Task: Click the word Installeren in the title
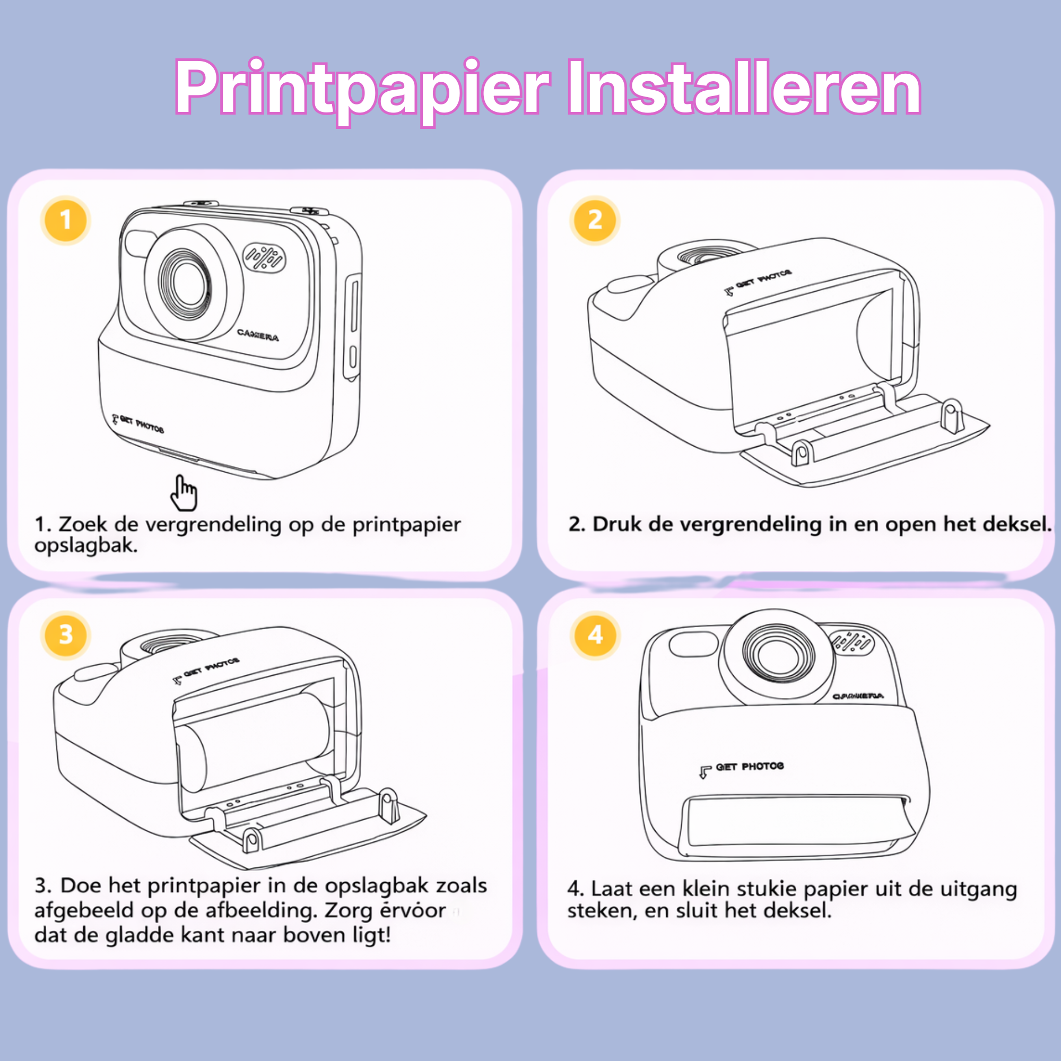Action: pos(744,88)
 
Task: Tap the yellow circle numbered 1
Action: pos(65,220)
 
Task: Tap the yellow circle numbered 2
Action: pos(595,220)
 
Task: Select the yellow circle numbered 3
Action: pos(65,635)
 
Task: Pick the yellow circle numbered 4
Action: pos(595,635)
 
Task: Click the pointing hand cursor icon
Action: pos(184,493)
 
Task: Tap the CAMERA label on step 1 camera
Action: pos(258,334)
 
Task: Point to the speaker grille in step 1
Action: pos(264,257)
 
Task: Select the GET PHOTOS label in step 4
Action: pos(749,767)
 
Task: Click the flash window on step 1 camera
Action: pos(140,243)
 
